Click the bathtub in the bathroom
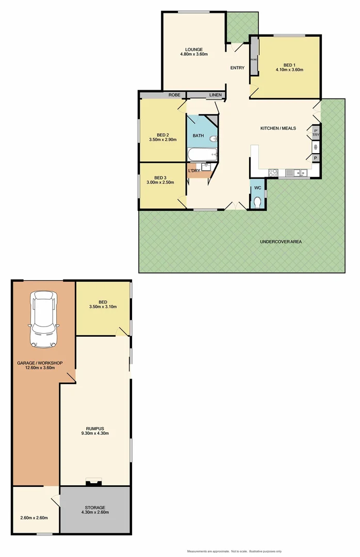202,154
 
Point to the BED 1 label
286,65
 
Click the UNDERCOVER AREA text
281,241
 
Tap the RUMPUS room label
95,428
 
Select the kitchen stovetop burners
273,173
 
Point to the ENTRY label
237,68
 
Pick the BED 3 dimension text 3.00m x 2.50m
160,182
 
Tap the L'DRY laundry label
194,171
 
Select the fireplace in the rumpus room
93,483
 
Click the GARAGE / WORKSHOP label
40,363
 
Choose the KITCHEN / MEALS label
278,128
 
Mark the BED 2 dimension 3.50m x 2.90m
163,139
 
